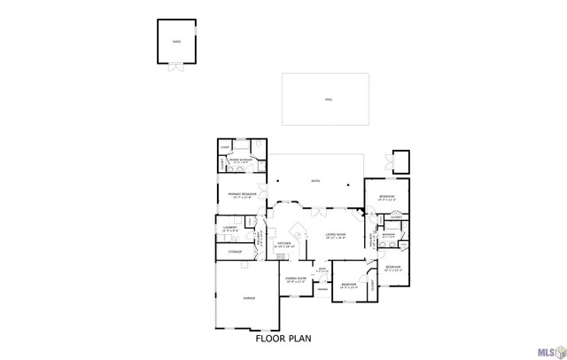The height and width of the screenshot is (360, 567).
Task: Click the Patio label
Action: coord(315,182)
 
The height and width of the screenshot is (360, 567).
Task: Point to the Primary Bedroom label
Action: coord(242,194)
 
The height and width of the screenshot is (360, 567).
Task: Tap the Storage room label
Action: coord(235,252)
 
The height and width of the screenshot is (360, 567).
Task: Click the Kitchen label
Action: coord(285,244)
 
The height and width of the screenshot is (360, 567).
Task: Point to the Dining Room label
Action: coord(296,279)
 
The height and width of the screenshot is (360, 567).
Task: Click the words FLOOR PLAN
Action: coord(283,338)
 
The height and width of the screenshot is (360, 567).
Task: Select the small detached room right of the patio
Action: coord(400,160)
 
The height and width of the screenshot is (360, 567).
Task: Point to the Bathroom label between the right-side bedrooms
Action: coord(388,235)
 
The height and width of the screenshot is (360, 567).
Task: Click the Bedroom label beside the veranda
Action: coord(349,286)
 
